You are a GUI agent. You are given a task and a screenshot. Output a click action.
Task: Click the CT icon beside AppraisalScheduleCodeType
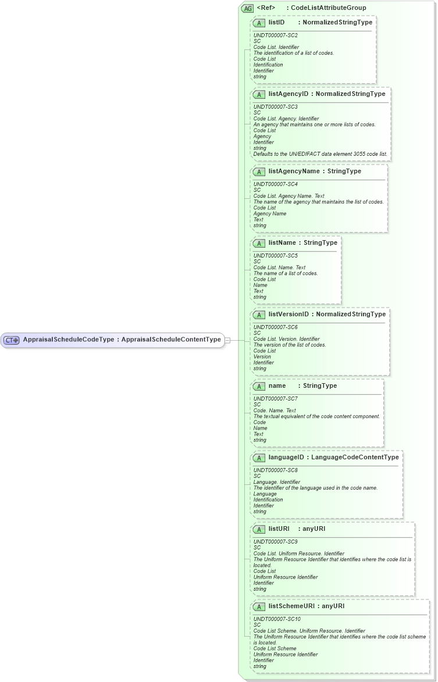(12, 340)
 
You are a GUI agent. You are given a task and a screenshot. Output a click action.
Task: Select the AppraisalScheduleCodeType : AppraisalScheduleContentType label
(122, 340)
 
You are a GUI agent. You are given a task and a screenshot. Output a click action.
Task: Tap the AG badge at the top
(248, 9)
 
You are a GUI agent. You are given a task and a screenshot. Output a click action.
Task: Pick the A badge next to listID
(259, 23)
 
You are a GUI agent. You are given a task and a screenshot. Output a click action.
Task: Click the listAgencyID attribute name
(288, 94)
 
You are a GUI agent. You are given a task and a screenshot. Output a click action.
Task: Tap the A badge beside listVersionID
(259, 315)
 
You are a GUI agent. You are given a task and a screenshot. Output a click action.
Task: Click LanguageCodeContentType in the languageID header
(355, 458)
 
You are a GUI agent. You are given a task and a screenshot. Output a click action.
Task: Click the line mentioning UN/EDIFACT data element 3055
(321, 154)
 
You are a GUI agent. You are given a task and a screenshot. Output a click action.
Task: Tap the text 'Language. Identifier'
(277, 482)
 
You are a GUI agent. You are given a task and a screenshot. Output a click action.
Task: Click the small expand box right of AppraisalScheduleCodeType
(227, 340)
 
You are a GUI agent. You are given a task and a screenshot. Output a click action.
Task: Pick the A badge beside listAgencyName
(259, 172)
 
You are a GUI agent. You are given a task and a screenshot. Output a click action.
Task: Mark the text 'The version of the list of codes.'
(290, 345)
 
